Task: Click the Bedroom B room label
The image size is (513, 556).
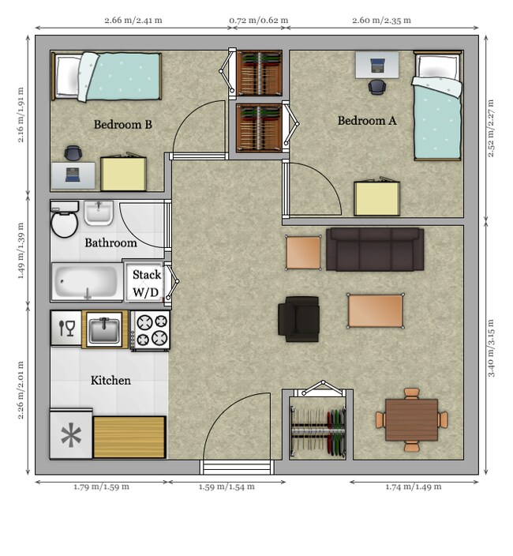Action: (x=122, y=125)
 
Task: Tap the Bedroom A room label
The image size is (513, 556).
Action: (x=367, y=121)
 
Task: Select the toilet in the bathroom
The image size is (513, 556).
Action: (x=65, y=220)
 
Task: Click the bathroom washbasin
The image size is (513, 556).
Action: (x=99, y=212)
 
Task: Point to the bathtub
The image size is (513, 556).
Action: (x=87, y=282)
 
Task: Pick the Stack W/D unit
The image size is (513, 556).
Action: (x=145, y=283)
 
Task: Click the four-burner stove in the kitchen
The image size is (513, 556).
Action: (x=150, y=331)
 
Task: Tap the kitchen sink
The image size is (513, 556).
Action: (x=104, y=329)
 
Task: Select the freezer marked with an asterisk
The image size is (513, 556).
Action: (x=71, y=434)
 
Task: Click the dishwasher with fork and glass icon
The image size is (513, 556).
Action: (x=66, y=328)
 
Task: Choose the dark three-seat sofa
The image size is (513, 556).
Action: (x=375, y=250)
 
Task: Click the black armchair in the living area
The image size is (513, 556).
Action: (x=298, y=319)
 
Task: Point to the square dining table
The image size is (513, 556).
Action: (x=411, y=420)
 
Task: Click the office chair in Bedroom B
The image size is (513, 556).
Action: (x=73, y=153)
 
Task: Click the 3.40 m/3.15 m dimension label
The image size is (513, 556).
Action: (x=491, y=348)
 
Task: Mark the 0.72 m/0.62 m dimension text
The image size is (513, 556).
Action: (x=259, y=21)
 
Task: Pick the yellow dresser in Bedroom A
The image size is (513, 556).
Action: (x=377, y=198)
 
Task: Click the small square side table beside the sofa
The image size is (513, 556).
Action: (x=304, y=253)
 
